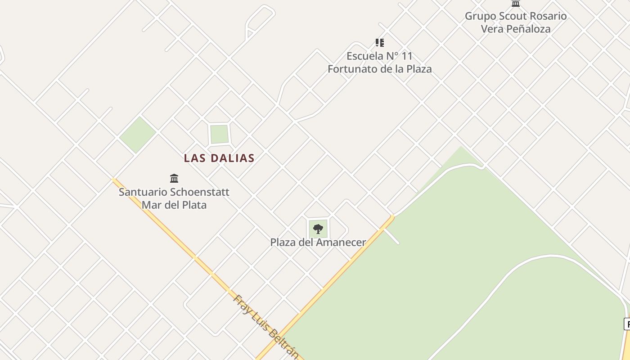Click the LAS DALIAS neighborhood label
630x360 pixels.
[x=219, y=158]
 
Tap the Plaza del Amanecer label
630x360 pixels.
[x=318, y=242]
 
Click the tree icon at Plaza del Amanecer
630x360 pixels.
[x=318, y=229]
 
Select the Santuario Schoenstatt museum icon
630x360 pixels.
[x=174, y=178]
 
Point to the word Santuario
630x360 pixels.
[x=143, y=192]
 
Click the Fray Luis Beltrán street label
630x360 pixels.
[x=266, y=326]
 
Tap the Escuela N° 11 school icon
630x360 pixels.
[x=380, y=43]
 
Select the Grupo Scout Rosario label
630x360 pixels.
[x=516, y=16]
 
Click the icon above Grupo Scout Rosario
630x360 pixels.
[x=516, y=4]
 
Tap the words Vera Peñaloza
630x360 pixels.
[x=516, y=29]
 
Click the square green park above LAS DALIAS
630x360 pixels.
[x=219, y=134]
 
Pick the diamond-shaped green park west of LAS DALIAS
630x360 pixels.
[x=138, y=134]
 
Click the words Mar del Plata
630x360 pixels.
[x=174, y=205]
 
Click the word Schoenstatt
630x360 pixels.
[x=199, y=192]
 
